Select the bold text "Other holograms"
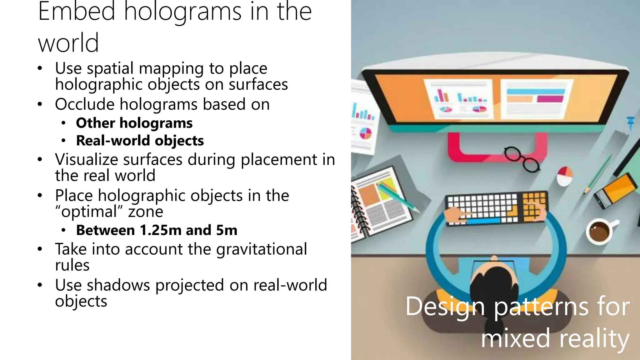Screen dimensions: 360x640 134,123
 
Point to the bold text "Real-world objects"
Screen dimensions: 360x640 140,141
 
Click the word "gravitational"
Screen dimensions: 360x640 262,249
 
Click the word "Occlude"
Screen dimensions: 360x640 85,104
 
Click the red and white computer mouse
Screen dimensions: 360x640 564,176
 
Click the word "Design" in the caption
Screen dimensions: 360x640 445,307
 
